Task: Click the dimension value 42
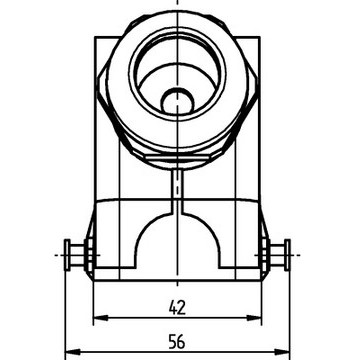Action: pyautogui.click(x=177, y=308)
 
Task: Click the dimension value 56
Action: pyautogui.click(x=177, y=342)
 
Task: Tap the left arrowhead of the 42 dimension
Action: pyautogui.click(x=101, y=318)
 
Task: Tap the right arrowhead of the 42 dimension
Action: pyautogui.click(x=254, y=318)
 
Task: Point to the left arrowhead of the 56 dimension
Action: pyautogui.click(x=72, y=352)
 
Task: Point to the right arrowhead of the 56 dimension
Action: pyautogui.click(x=282, y=352)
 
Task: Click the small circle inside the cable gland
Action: pyautogui.click(x=177, y=100)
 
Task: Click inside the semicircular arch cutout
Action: pyautogui.click(x=177, y=243)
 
